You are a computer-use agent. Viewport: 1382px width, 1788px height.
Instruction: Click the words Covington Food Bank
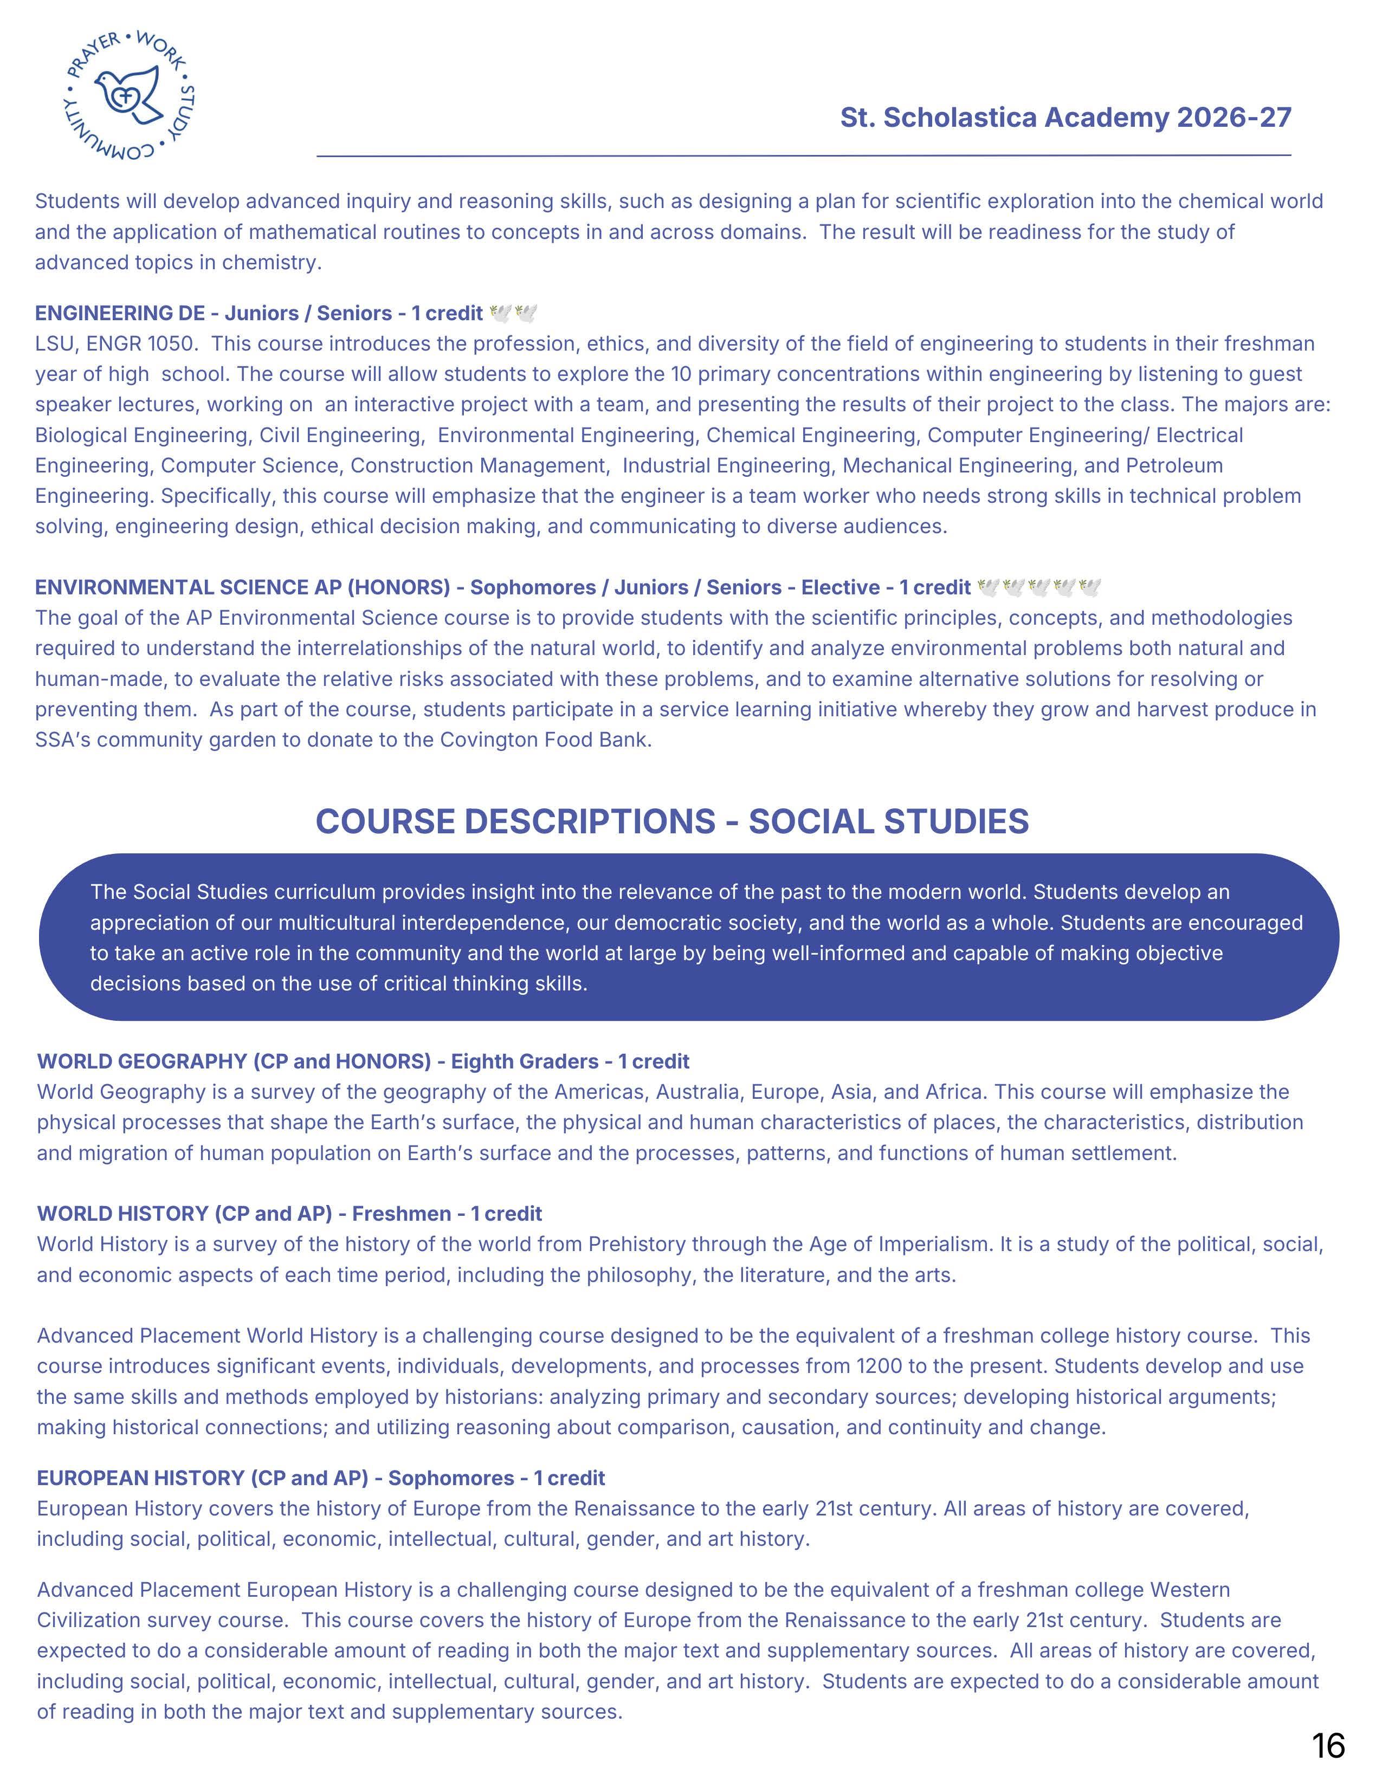pyautogui.click(x=545, y=740)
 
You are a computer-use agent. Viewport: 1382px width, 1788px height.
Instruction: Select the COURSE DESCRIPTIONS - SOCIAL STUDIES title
pyautogui.click(x=671, y=822)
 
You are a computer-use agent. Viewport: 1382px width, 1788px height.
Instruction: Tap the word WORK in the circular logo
pyautogui.click(x=162, y=51)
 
